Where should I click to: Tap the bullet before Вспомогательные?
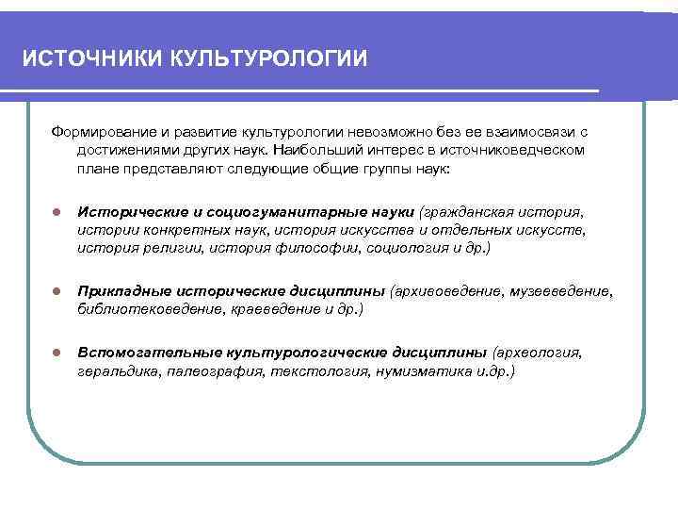(x=56, y=353)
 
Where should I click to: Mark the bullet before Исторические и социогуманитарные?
(x=56, y=210)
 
